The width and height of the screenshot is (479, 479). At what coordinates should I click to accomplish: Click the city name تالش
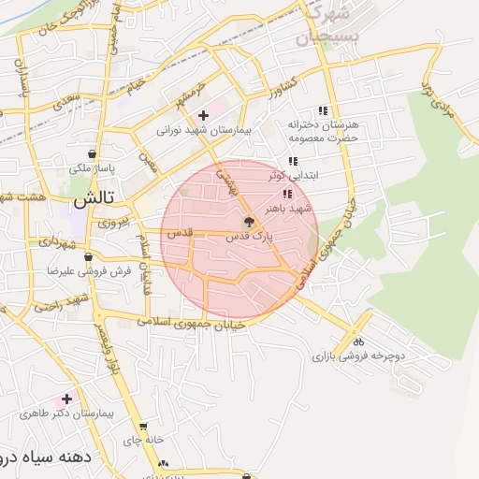pyautogui.click(x=94, y=198)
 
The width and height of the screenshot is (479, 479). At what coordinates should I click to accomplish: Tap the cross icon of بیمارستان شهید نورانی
pyautogui.click(x=203, y=115)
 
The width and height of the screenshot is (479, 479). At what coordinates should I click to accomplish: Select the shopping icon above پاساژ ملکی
pyautogui.click(x=92, y=154)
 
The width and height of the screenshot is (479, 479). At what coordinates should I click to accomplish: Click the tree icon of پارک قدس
pyautogui.click(x=248, y=223)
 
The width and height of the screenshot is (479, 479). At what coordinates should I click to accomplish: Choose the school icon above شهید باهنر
pyautogui.click(x=287, y=193)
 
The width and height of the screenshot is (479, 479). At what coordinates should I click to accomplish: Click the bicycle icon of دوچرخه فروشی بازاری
pyautogui.click(x=358, y=341)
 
